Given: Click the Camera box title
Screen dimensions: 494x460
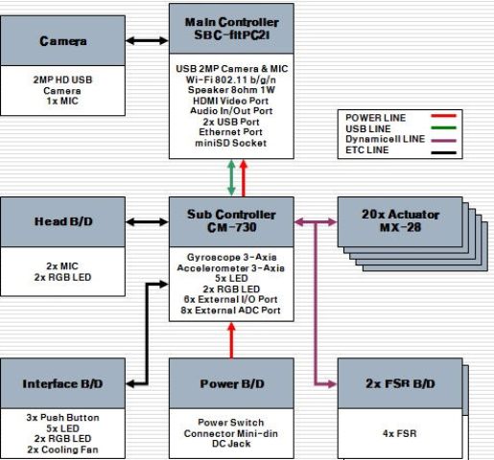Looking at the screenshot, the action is [63, 41].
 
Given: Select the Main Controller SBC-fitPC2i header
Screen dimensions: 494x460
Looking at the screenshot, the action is [231, 29].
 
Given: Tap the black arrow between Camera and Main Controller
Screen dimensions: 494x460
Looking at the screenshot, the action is [147, 40].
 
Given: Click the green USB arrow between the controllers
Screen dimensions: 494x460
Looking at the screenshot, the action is [231, 177].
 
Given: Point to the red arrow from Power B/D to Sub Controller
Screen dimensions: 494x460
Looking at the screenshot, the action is [231, 340].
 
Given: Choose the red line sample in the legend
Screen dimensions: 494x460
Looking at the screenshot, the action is [443, 116].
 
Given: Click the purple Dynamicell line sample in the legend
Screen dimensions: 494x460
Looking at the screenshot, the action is [443, 140].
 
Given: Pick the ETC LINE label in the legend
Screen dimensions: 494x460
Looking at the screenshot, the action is [367, 149].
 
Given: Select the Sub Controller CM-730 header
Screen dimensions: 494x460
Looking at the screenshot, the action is [231, 220].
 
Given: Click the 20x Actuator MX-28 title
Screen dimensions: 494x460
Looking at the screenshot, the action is [400, 220].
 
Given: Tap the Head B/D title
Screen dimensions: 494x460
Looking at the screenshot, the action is [63, 221].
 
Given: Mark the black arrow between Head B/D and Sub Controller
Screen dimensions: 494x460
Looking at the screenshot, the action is [147, 222].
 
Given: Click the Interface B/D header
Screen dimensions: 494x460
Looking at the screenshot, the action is [62, 383].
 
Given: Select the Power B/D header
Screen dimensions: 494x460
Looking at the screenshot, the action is [232, 383].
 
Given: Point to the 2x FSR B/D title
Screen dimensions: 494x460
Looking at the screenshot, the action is [400, 383].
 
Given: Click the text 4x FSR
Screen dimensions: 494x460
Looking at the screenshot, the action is [400, 433].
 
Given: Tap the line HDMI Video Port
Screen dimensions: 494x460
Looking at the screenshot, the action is [230, 101].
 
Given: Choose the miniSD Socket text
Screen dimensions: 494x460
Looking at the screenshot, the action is [231, 143].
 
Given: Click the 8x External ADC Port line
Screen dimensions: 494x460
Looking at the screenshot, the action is [230, 310].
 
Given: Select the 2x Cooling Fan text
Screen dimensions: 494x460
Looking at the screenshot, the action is [62, 449].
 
